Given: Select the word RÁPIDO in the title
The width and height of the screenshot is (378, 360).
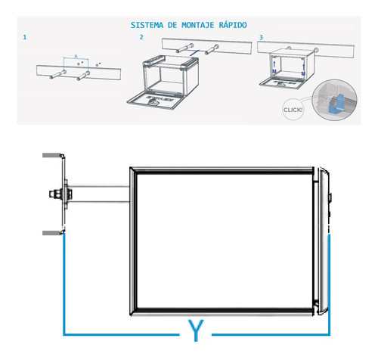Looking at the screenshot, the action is (x=233, y=25).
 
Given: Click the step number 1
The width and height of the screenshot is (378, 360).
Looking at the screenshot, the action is (x=25, y=37).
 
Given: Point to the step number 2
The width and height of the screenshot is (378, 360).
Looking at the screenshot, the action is (x=141, y=37).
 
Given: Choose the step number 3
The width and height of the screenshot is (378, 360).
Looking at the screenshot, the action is (x=261, y=37).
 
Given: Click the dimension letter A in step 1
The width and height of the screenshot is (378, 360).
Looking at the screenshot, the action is (x=76, y=56).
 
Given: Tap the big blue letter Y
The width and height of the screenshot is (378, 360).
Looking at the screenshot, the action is (x=196, y=331).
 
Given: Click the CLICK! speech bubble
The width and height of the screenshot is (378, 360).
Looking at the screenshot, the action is (x=293, y=110).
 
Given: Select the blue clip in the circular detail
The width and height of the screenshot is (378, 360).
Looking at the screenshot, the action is (x=336, y=104).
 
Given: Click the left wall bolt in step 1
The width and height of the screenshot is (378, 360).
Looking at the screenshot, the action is (x=58, y=74).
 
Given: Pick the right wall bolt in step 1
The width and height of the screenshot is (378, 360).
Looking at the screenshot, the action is (x=83, y=76).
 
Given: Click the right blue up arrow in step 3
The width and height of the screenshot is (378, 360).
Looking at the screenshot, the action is (x=304, y=67).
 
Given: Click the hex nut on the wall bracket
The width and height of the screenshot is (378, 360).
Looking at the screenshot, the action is (x=54, y=194).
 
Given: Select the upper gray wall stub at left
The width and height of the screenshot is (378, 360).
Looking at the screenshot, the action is (x=51, y=155).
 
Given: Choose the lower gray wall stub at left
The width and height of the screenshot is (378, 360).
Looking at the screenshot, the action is (x=52, y=233).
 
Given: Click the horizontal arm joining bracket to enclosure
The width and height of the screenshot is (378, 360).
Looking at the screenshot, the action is (x=98, y=194).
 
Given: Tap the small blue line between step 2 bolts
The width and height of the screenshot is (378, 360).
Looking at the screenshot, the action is (x=194, y=53).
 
